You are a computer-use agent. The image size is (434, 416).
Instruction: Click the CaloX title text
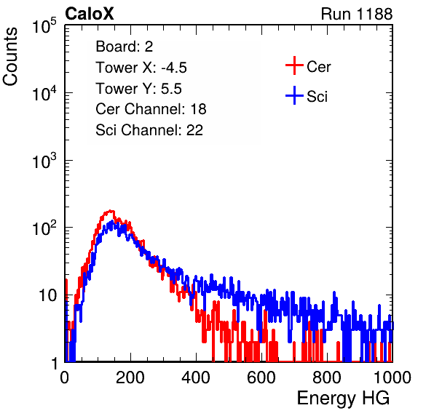90,14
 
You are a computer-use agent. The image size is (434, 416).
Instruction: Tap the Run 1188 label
357,14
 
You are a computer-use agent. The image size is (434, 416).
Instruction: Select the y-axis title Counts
10,57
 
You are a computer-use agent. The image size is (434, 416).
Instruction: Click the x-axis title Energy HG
343,399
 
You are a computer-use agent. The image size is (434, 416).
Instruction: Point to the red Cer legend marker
294,65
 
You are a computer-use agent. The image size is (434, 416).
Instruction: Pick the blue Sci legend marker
294,96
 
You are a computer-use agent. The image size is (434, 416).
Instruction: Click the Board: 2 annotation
125,47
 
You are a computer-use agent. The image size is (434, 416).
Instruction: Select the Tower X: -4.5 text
141,68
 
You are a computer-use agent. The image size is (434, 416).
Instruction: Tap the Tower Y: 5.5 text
138,89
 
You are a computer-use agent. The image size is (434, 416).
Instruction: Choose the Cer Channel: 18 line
151,109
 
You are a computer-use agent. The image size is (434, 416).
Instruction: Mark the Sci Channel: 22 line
149,130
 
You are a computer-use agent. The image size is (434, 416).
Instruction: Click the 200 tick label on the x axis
130,377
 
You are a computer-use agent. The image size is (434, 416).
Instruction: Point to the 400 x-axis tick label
196,377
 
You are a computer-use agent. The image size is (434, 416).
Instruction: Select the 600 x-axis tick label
261,377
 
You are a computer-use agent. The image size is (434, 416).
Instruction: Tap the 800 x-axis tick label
327,377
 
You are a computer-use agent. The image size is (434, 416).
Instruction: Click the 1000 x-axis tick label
392,377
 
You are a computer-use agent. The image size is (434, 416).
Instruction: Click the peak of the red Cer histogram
111,211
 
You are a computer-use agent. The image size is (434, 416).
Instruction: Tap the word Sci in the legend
317,97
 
